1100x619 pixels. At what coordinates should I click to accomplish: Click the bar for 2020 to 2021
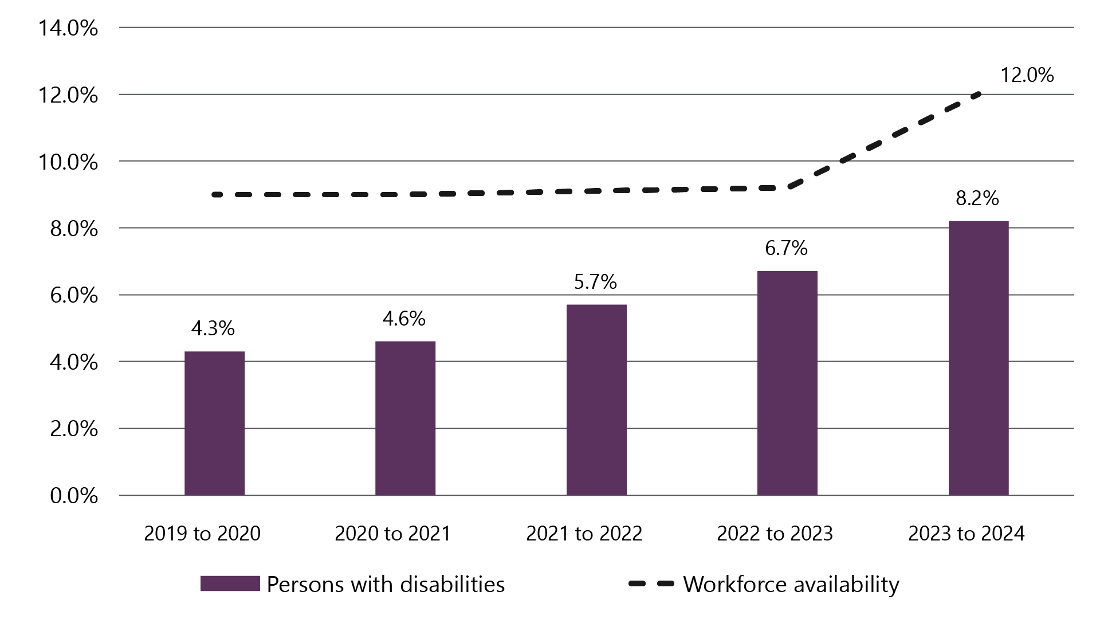coord(405,418)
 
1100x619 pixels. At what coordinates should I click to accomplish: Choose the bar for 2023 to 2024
coord(978,358)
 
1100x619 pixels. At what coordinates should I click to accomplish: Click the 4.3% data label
coord(213,328)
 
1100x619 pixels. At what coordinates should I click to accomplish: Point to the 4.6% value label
coord(404,319)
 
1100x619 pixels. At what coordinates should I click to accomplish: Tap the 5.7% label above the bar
coord(595,282)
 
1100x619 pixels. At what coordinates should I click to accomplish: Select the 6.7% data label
coord(786,248)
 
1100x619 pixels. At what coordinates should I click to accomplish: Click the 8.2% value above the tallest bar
coord(977,198)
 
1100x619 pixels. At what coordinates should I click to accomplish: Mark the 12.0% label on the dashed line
coord(1027,75)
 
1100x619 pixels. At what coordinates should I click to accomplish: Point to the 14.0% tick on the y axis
coord(68,28)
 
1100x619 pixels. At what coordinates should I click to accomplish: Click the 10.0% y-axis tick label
coord(68,162)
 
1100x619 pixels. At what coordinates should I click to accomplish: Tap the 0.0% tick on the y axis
coord(74,496)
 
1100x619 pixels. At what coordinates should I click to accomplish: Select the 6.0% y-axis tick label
coord(74,296)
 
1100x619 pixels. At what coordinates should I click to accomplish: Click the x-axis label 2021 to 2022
coord(584,534)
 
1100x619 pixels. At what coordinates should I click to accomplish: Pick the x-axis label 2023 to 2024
coord(966,534)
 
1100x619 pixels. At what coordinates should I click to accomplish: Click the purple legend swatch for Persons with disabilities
coord(230,584)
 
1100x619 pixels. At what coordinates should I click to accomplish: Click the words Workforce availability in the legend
coord(791,585)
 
